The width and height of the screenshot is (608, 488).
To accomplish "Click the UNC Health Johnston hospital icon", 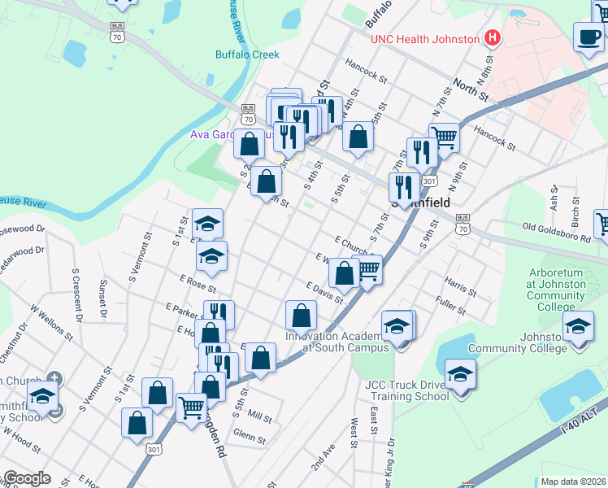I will (x=491, y=38).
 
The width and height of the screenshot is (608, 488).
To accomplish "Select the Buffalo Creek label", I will (x=247, y=54).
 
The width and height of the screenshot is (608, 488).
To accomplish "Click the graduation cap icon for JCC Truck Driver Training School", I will (x=461, y=375).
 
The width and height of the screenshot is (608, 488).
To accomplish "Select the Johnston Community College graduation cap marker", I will (x=578, y=328).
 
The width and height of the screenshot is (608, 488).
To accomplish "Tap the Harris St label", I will (x=460, y=285).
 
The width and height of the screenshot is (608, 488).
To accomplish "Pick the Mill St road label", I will (x=259, y=416).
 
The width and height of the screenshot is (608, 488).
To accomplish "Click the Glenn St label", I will (x=249, y=438).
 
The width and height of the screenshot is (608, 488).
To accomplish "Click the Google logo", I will (x=26, y=478).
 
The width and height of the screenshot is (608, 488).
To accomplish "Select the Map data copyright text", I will (x=573, y=481).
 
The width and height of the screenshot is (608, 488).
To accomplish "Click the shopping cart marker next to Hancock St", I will (x=444, y=137).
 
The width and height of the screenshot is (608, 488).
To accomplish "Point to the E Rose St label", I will (x=198, y=285).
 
